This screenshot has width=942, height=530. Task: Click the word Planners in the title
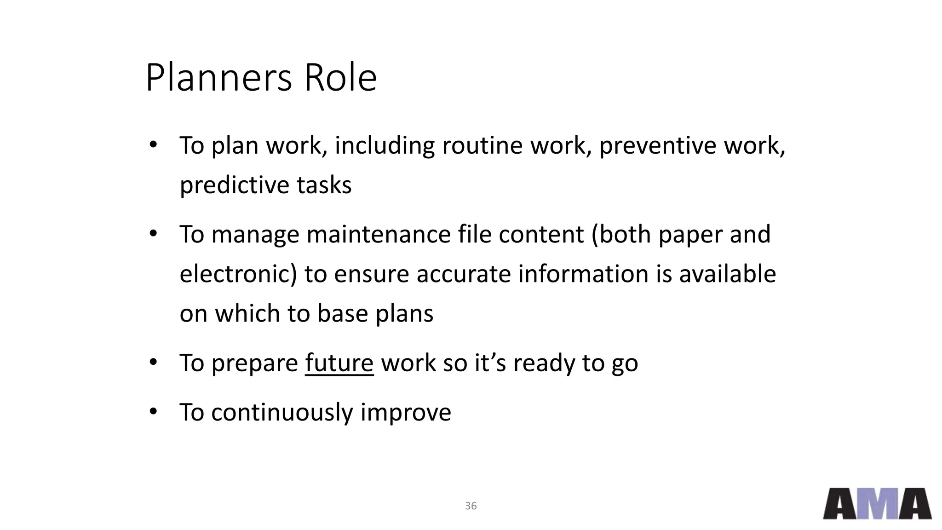click(218, 78)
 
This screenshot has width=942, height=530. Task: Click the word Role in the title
click(340, 78)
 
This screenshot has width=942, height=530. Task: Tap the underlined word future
click(339, 363)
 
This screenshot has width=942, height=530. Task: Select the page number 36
click(471, 506)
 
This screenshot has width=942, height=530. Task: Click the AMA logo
click(877, 504)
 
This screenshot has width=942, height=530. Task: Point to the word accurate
click(464, 274)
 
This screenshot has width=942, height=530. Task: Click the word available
click(727, 274)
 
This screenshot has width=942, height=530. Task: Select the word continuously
click(282, 412)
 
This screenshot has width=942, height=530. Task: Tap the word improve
click(405, 412)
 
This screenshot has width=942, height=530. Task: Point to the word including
click(384, 145)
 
